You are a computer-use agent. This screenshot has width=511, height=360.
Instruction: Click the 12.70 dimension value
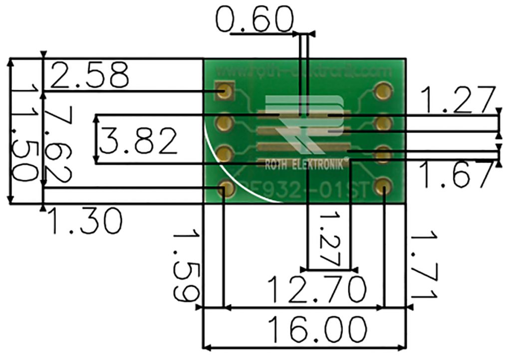tap(317, 288)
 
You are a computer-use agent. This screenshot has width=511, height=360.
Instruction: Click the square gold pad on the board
tap(226, 91)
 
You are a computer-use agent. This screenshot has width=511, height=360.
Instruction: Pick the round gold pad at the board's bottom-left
tap(226, 188)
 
